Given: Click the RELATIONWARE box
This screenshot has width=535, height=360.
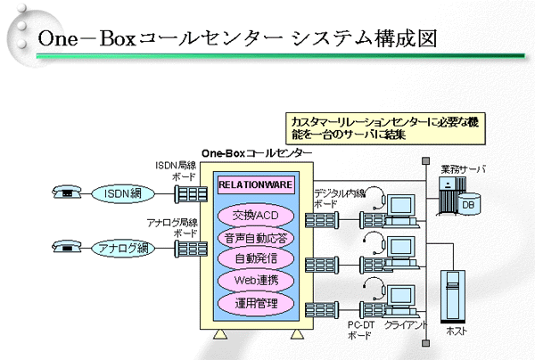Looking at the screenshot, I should [x=256, y=186].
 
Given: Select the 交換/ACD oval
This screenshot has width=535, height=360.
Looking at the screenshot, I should [x=256, y=217].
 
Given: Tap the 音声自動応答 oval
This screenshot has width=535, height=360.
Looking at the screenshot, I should [x=256, y=238].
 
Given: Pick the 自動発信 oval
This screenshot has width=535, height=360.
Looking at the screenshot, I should [x=256, y=259].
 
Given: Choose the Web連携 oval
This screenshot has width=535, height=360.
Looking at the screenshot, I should [x=256, y=282].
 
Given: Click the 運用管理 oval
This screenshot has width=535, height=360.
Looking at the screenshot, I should [x=256, y=303].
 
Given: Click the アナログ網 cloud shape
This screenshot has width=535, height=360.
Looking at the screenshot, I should [x=120, y=249].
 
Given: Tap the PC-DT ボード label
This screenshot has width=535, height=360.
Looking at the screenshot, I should [x=359, y=331].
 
